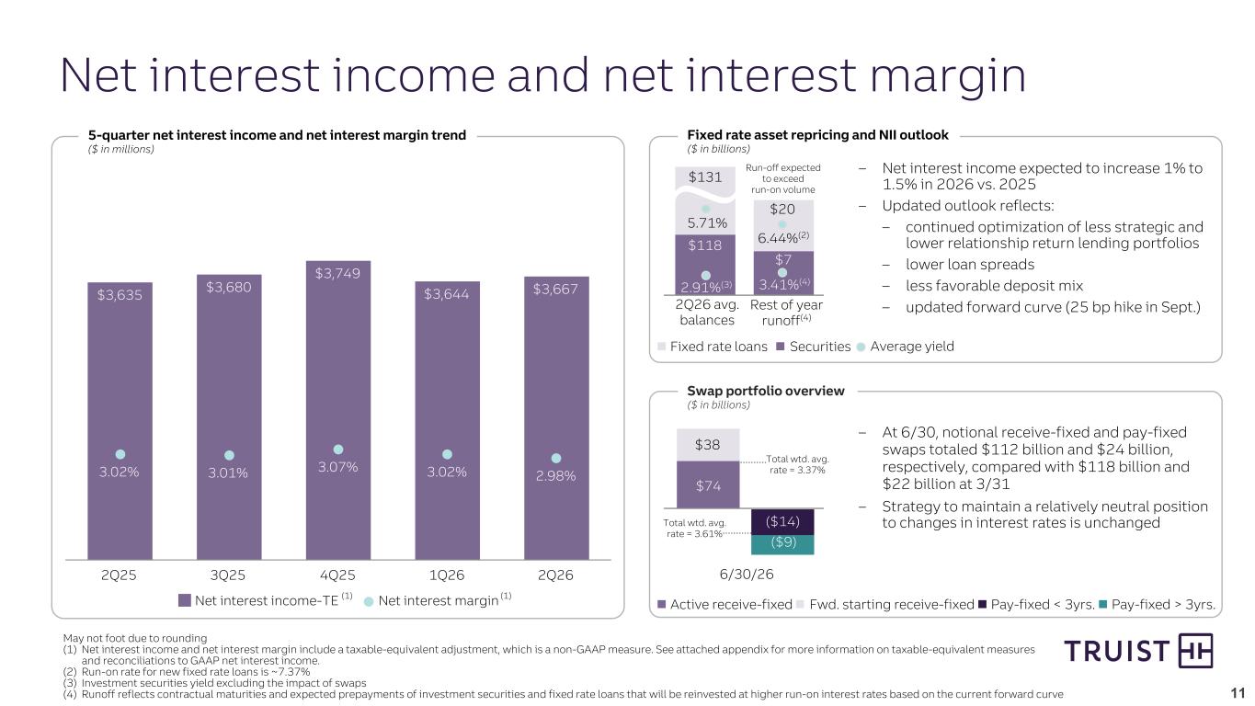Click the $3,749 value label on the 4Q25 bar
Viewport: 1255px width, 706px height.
[337, 273]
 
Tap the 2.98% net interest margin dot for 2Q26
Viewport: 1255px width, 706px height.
[555, 459]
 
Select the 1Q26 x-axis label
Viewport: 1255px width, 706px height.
[447, 575]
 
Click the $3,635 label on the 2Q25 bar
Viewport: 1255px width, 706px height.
[120, 295]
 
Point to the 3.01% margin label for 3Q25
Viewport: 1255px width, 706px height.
[227, 473]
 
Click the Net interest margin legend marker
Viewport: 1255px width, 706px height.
[369, 601]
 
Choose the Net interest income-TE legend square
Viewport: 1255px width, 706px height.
[184, 600]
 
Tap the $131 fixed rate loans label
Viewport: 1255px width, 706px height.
[705, 177]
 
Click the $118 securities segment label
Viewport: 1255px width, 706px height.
[705, 245]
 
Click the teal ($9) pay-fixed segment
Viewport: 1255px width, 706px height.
[782, 544]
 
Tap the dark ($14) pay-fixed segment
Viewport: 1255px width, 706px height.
[782, 521]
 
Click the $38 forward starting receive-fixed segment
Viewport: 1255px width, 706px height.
[708, 445]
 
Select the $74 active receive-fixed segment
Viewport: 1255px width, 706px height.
[708, 484]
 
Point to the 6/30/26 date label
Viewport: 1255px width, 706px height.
[747, 575]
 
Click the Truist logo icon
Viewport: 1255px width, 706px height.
[1195, 651]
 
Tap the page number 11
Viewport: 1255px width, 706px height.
[1238, 693]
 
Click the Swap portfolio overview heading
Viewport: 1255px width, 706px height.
[765, 391]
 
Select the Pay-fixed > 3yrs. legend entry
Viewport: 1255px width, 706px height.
[1158, 605]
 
